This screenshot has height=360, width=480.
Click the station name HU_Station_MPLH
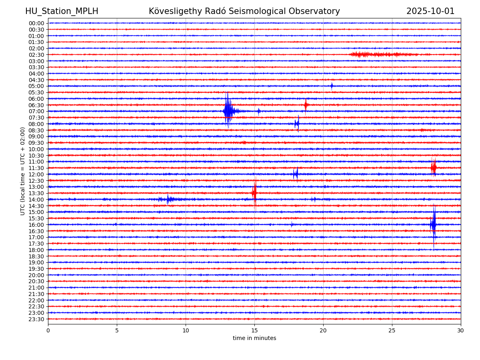point(62,11)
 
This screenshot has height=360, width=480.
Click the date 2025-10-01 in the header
point(430,11)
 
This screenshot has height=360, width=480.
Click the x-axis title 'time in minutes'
point(254,338)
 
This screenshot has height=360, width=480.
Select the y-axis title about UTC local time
point(23,171)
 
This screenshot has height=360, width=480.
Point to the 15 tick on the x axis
point(254,330)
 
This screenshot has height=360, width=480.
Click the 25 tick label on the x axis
point(392,330)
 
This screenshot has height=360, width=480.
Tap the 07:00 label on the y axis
point(36,111)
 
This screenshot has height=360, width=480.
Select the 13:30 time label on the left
point(36,193)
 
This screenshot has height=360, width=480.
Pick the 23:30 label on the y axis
point(36,319)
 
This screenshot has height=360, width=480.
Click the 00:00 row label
point(36,23)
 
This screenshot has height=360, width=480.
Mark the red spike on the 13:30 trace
point(254,193)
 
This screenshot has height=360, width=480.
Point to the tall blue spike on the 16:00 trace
point(434,224)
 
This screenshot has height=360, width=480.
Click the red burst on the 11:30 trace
point(434,168)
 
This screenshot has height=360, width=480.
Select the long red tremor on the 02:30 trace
point(380,54)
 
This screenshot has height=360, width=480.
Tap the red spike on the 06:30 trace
point(306,105)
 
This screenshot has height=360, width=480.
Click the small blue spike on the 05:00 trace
point(332,86)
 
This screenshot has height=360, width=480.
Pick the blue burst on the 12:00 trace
point(296,174)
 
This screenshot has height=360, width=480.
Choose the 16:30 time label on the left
point(36,231)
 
